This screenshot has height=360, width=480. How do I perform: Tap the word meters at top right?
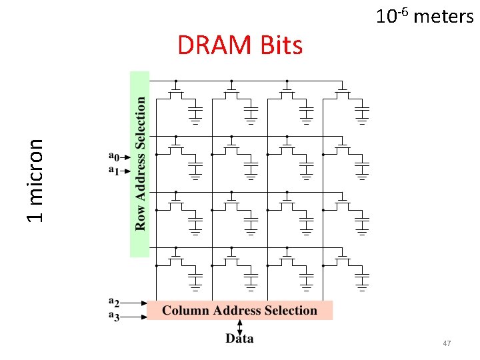pyautogui.click(x=443, y=16)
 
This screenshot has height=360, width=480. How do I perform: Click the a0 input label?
pyautogui.click(x=113, y=157)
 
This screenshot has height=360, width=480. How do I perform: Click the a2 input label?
pyautogui.click(x=115, y=301)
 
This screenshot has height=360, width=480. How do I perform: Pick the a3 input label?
pyautogui.click(x=115, y=316)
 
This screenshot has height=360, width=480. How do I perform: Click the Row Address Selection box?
pyautogui.click(x=139, y=163)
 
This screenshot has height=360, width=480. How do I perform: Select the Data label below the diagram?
pyautogui.click(x=239, y=339)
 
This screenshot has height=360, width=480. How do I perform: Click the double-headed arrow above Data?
pyautogui.click(x=239, y=326)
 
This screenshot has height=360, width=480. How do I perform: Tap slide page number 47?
pyautogui.click(x=447, y=343)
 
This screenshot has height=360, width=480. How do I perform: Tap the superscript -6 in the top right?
pyautogui.click(x=402, y=9)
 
